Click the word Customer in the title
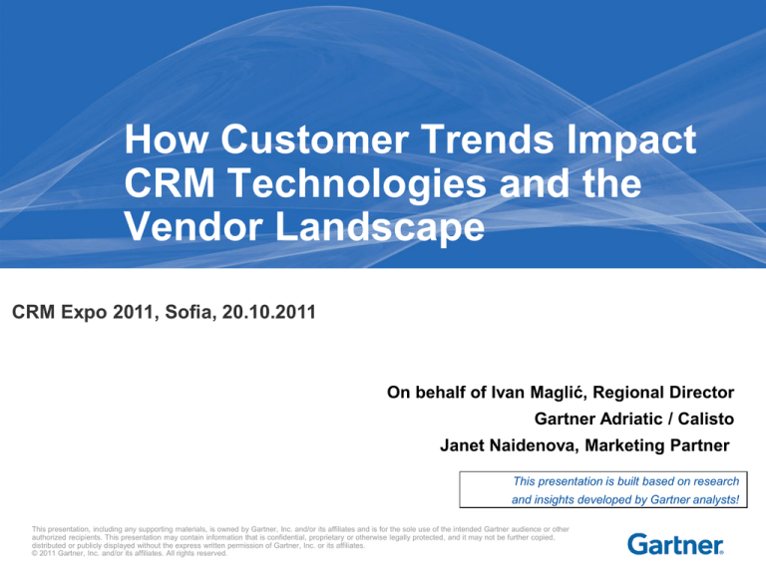314,140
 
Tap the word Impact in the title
631,142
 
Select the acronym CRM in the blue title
170,183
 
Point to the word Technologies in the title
357,185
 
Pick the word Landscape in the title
380,229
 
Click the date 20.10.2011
269,312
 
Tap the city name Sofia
190,312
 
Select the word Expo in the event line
84,313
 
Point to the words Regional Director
663,393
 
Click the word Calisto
706,419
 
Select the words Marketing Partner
657,445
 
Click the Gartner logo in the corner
675,544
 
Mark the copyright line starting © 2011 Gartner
130,553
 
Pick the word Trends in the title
488,140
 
